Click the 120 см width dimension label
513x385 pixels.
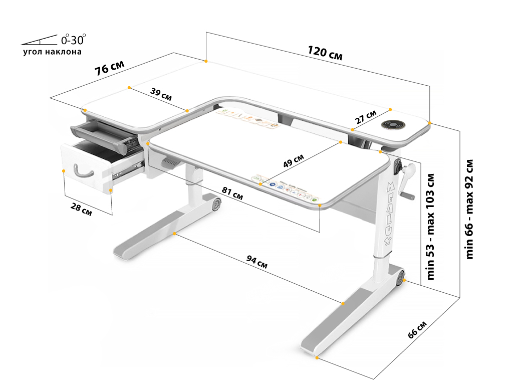pyautogui.click(x=325, y=53)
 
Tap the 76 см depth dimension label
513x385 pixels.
pyautogui.click(x=110, y=68)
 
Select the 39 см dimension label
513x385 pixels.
pyautogui.click(x=161, y=94)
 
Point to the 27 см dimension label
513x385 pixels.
pyautogui.click(x=366, y=117)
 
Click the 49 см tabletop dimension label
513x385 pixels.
pyautogui.click(x=294, y=160)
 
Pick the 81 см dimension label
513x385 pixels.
pyautogui.click(x=232, y=193)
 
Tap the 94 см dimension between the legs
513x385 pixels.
pyautogui.click(x=257, y=262)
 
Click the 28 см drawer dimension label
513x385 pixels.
pyautogui.click(x=81, y=210)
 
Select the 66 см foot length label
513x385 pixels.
pyautogui.click(x=417, y=330)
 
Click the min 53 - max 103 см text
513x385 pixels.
pyautogui.click(x=430, y=227)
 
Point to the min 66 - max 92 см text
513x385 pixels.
pyautogui.click(x=469, y=210)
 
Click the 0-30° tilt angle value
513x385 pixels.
pyautogui.click(x=73, y=40)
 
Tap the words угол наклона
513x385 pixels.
pyautogui.click(x=52, y=52)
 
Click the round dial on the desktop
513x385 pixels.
pyautogui.click(x=393, y=124)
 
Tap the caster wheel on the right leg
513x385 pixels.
pyautogui.click(x=400, y=278)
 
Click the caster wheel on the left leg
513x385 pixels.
pyautogui.click(x=216, y=205)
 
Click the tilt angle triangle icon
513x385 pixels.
pyautogui.click(x=39, y=40)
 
